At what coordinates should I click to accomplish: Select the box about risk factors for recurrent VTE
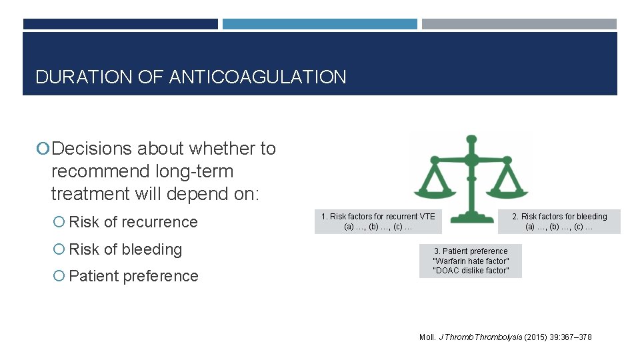coord(378,221)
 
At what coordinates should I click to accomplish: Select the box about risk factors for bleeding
coord(559,221)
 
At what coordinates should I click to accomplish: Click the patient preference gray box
coord(471,261)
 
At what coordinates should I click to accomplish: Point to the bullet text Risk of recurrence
coord(133,222)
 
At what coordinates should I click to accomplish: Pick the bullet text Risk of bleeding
coord(125,249)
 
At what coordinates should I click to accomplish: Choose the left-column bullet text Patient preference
coord(133,276)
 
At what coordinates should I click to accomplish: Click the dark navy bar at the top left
coord(120,24)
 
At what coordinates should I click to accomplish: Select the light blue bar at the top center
coord(319,24)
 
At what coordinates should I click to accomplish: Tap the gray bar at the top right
coord(519,24)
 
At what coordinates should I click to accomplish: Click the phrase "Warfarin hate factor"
coord(471,261)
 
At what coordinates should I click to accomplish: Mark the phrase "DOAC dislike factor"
coord(471,270)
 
